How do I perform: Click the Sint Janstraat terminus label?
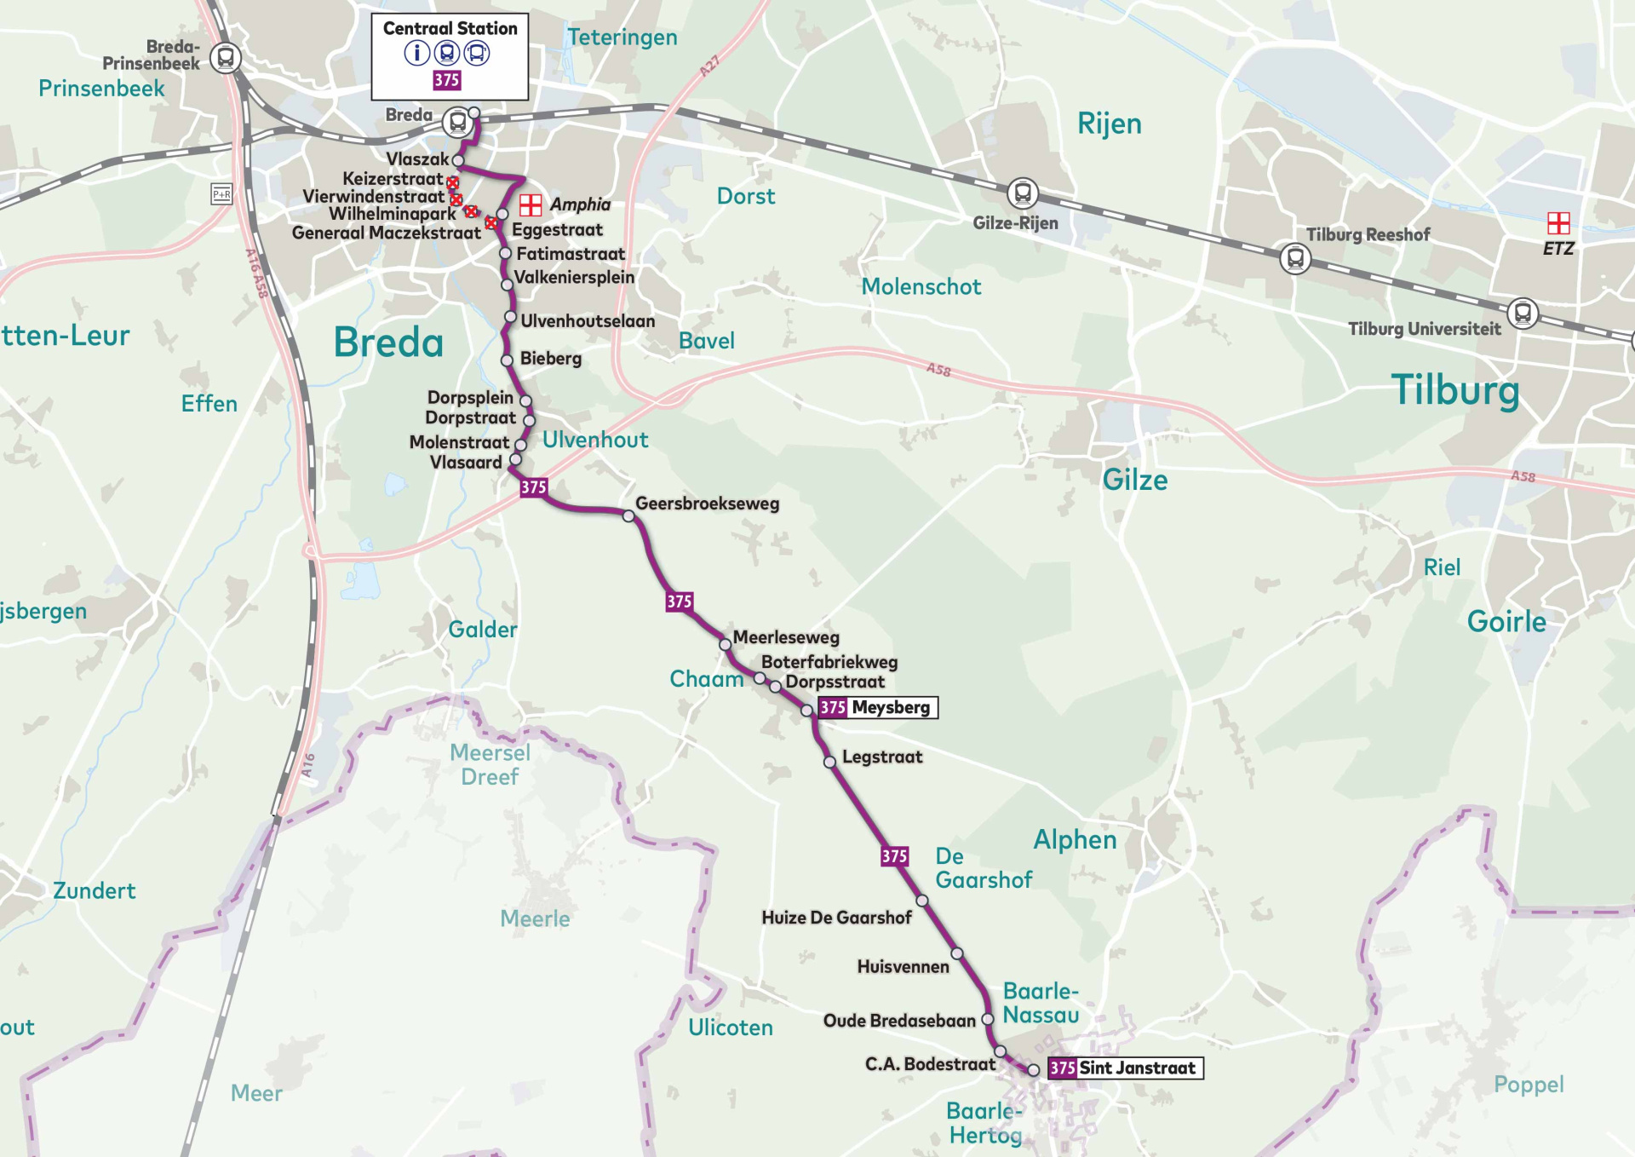[x=1125, y=1068]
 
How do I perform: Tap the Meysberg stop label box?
[x=877, y=707]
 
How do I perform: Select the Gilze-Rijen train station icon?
[x=1022, y=193]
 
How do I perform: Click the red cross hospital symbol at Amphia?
[x=531, y=204]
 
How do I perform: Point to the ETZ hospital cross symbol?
[x=1558, y=223]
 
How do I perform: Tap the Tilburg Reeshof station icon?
[x=1294, y=256]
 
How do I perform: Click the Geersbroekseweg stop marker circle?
[x=628, y=515]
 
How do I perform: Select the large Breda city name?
[x=388, y=342]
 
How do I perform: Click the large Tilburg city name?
[x=1454, y=390]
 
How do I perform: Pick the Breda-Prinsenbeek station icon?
[x=226, y=58]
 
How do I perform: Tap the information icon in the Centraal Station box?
[x=416, y=53]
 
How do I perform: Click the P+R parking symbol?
[x=221, y=194]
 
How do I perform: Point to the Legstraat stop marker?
[x=829, y=762]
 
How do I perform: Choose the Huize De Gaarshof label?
[x=836, y=918]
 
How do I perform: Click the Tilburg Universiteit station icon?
[x=1523, y=313]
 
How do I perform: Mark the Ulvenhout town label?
[x=595, y=440]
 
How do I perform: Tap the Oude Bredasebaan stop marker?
[x=988, y=1019]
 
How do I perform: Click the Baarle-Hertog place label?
[x=984, y=1123]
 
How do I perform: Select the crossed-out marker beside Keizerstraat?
[x=452, y=182]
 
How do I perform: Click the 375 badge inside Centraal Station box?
[x=446, y=80]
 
